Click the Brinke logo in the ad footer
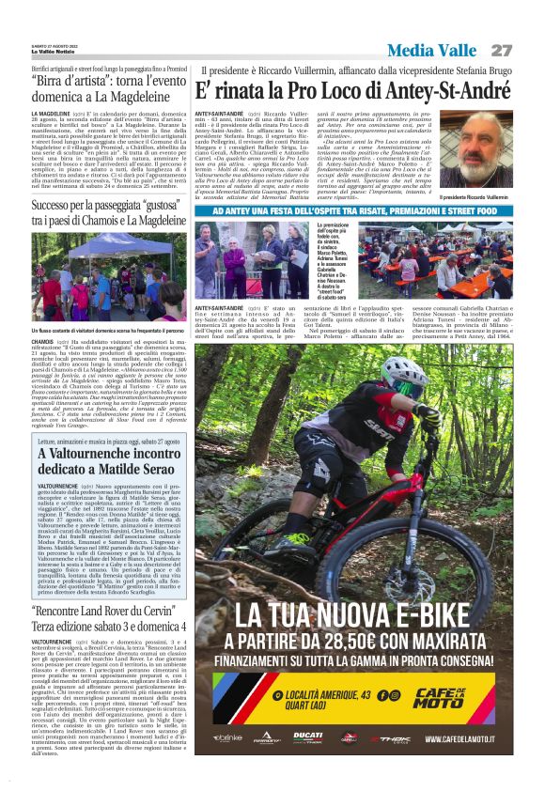tap(227, 738)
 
